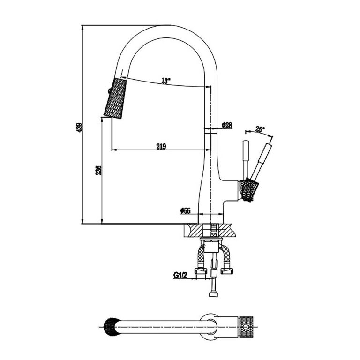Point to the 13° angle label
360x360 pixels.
pos(165,81)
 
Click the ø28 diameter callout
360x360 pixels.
pos(227,125)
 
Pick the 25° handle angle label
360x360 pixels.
pos(260,128)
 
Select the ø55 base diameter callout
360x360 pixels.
pos(185,211)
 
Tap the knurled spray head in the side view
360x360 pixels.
pos(115,99)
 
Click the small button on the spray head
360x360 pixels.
pos(110,90)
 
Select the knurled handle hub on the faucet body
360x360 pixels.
pos(247,190)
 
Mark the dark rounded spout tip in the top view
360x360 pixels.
pos(109,324)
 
